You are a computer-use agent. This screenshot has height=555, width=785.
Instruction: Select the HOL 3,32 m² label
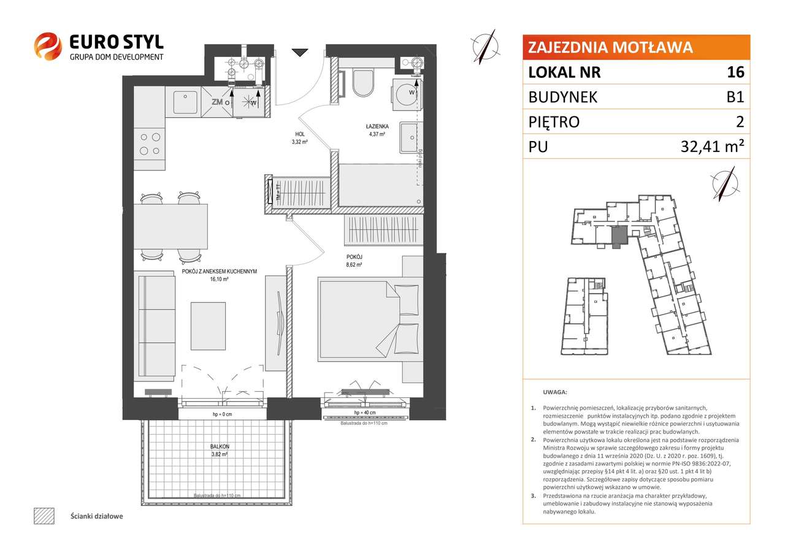[x=300, y=137]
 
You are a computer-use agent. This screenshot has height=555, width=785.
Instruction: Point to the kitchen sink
[x=185, y=102]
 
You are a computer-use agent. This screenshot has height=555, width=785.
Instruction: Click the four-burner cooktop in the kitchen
[x=150, y=144]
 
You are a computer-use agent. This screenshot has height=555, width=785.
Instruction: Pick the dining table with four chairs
[x=170, y=225]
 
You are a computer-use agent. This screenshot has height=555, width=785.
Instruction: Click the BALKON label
[x=220, y=451]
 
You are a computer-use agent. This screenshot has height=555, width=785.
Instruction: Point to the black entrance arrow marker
[x=299, y=53]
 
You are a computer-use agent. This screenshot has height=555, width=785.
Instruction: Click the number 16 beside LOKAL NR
[x=735, y=72]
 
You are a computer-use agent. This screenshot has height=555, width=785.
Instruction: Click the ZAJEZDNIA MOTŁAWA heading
[x=610, y=47]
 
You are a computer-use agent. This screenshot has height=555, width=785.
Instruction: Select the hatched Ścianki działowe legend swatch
[x=44, y=516]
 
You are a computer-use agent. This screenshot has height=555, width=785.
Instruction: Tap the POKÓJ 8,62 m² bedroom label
[x=354, y=261]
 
